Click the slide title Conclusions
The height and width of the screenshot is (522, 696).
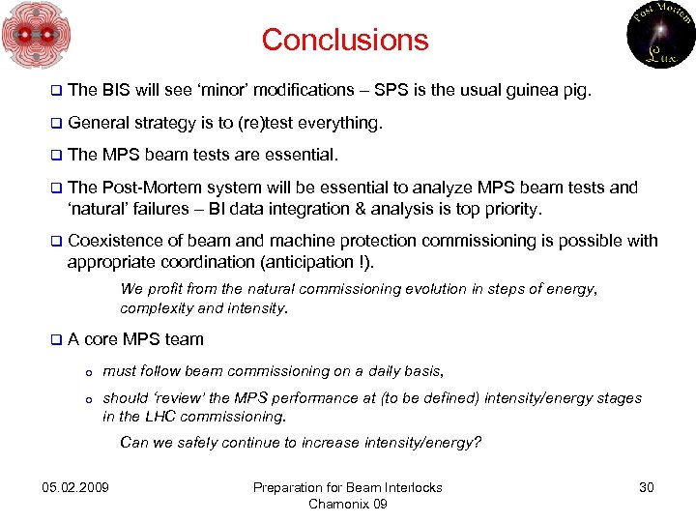coord(344,41)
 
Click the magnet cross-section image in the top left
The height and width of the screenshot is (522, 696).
coord(36,36)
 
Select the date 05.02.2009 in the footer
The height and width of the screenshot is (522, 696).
coord(76,487)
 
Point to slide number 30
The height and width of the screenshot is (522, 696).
coord(647,487)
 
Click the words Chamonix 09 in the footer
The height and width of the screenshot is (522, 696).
coord(347,504)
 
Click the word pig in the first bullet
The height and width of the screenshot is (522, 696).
coord(576,91)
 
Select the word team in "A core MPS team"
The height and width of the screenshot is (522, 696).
coord(185,339)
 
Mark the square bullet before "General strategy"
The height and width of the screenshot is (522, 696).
coord(56,124)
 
